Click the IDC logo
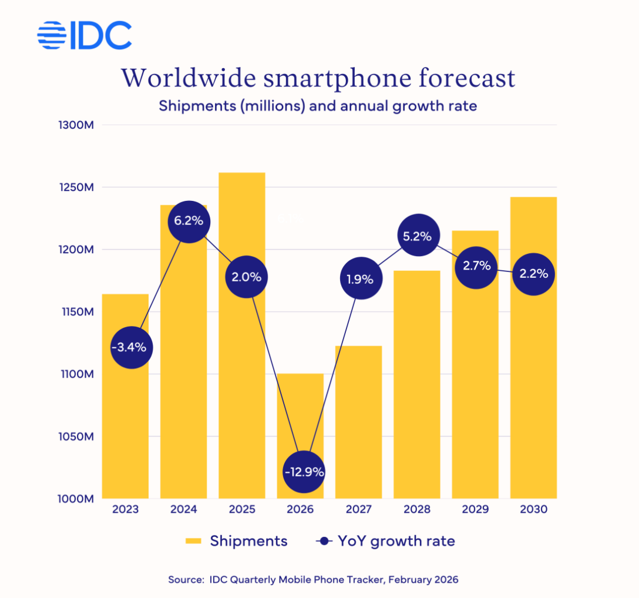point(84,36)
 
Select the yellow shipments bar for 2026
point(300,411)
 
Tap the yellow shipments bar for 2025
point(241,382)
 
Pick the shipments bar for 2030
point(533,382)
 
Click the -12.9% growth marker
point(304,472)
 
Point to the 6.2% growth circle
point(189,221)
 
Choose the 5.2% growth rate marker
point(418,236)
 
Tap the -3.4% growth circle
point(132,347)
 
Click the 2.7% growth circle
point(476,266)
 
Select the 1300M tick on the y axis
point(78,125)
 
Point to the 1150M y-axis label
point(78,312)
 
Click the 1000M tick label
point(78,499)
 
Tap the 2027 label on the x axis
point(358,509)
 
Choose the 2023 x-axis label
point(125,509)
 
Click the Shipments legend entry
point(237,541)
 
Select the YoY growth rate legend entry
point(385,541)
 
